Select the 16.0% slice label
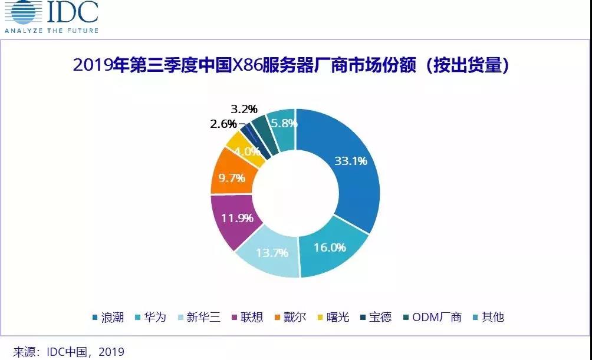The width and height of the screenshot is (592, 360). click(x=329, y=247)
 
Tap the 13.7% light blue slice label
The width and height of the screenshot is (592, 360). click(x=272, y=253)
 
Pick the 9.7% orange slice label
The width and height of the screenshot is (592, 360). click(x=232, y=178)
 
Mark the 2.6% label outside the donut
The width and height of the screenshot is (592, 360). click(x=223, y=124)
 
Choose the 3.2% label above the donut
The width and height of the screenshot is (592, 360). click(x=244, y=109)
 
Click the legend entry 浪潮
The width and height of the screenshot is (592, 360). click(x=108, y=317)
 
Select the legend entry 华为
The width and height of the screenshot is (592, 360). click(x=154, y=317)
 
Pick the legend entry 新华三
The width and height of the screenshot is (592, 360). click(x=203, y=317)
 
